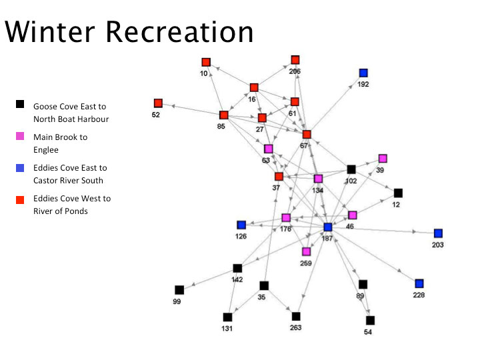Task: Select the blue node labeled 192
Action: pos(363,73)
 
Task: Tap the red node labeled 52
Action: pos(158,103)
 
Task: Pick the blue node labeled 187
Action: pos(327,227)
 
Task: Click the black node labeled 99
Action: pos(179,290)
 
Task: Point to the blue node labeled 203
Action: pos(438,233)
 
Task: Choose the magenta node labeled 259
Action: pos(306,252)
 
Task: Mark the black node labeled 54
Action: pos(370,321)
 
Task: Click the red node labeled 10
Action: pos(206,62)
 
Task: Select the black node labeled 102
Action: pos(351,169)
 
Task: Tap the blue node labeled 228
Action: pos(419,283)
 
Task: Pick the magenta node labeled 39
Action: pos(383,159)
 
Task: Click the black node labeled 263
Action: pos(296,317)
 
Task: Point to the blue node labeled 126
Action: pos(241,225)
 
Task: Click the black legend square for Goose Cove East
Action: pos(20,105)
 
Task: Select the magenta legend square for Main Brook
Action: pos(20,136)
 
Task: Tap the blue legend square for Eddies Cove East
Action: pos(20,167)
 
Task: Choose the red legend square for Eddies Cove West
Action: pos(20,199)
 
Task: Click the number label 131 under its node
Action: pos(227,329)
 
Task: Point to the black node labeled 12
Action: pos(398,193)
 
